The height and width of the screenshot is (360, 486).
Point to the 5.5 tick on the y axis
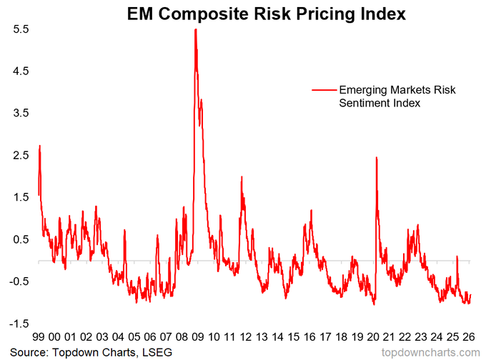point(19,29)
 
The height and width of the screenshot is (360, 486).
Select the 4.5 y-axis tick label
point(19,71)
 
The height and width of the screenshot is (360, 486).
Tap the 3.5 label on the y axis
point(19,114)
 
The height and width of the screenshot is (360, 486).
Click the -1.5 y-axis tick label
point(18,324)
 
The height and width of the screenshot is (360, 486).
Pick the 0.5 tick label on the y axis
point(19,239)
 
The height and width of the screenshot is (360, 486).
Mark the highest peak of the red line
point(195,29)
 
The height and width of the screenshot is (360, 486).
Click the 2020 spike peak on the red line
point(376,157)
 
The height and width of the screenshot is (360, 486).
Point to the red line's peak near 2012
point(242,176)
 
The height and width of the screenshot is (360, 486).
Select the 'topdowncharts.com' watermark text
point(431,352)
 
